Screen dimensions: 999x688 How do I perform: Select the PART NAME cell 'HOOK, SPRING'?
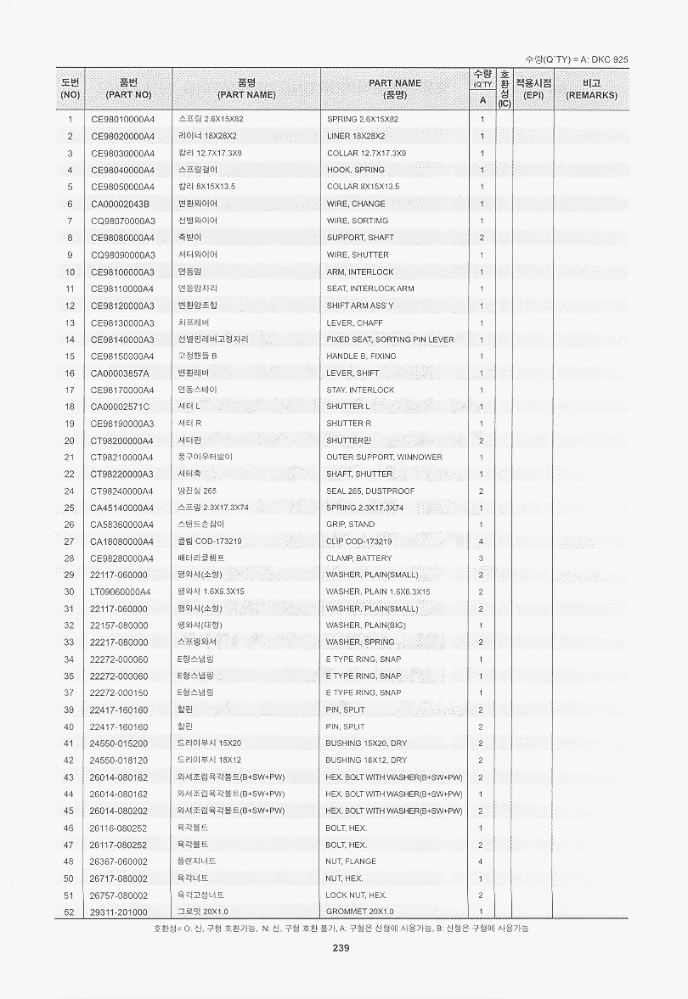pyautogui.click(x=355, y=170)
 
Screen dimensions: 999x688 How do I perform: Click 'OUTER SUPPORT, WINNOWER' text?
pyautogui.click(x=384, y=457)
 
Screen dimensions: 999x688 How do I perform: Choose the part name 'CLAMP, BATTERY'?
pyautogui.click(x=358, y=558)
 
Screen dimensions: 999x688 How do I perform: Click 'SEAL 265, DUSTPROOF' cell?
pyautogui.click(x=370, y=491)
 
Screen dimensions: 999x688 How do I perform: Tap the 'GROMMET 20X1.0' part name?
pyautogui.click(x=361, y=912)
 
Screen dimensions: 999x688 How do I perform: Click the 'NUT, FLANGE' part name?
pyautogui.click(x=352, y=861)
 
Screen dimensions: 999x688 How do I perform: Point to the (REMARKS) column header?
pyautogui.click(x=591, y=95)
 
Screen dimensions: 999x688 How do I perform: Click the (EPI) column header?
pyautogui.click(x=533, y=95)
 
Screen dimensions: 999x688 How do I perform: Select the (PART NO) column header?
pyautogui.click(x=129, y=95)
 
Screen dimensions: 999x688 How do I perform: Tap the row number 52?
pyautogui.click(x=70, y=912)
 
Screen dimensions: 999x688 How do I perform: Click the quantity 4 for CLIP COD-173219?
pyautogui.click(x=481, y=541)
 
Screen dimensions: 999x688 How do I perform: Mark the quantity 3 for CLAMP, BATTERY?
pyautogui.click(x=481, y=558)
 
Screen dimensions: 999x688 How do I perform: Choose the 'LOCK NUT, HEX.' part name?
pyautogui.click(x=356, y=895)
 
